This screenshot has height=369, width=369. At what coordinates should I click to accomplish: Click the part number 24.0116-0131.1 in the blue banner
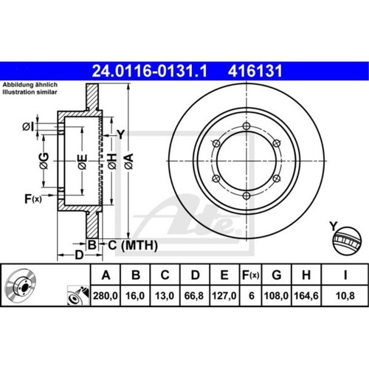[150, 71]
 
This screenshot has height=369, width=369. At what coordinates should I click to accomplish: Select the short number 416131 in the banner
[255, 71]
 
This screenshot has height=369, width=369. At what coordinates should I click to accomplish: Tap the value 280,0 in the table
[106, 296]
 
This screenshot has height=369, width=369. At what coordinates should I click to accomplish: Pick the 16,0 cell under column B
[135, 296]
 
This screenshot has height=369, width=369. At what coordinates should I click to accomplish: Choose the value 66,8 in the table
[194, 296]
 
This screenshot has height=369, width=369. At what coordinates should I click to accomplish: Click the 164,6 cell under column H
[306, 296]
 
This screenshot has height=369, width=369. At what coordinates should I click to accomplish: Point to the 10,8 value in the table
[345, 296]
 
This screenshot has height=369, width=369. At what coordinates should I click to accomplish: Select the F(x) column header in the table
[251, 275]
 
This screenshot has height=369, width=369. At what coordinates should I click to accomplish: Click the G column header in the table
[277, 275]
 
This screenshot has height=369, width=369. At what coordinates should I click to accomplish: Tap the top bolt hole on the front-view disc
[246, 126]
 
